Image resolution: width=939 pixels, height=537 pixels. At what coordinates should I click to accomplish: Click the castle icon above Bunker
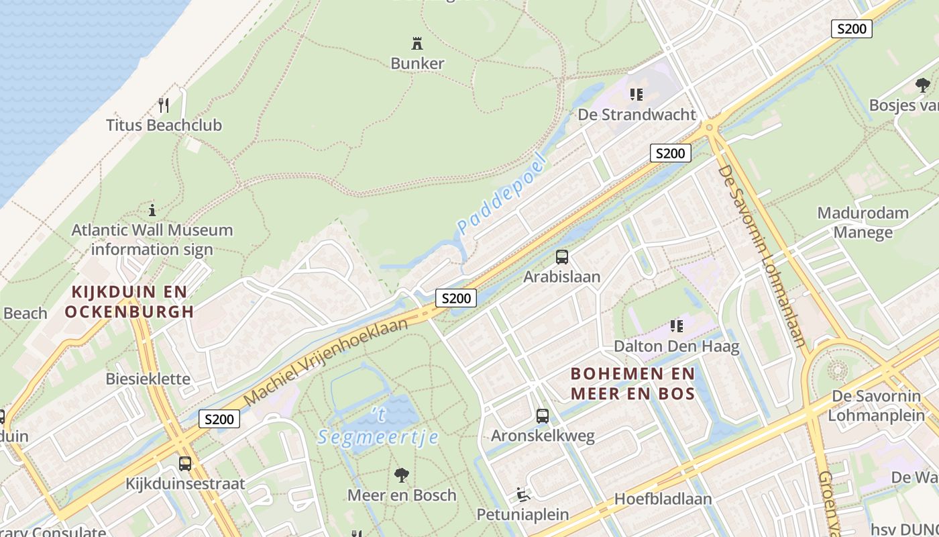[x=417, y=44]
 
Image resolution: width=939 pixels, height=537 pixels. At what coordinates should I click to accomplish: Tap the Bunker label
[x=417, y=63]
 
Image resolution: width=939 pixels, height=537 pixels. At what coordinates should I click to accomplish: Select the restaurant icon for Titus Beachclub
[x=163, y=105]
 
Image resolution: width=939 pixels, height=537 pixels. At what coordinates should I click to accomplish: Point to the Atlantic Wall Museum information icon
[x=152, y=209]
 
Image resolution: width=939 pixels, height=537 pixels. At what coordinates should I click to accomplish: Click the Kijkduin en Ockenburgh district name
[x=129, y=301]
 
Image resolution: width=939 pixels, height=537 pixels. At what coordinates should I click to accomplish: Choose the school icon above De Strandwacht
[x=637, y=94]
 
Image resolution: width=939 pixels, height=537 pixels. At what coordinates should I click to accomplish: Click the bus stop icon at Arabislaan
[x=562, y=256]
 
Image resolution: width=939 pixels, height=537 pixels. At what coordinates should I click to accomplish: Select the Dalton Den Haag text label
[x=677, y=346]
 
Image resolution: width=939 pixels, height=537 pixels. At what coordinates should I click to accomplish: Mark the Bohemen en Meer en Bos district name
[x=632, y=383]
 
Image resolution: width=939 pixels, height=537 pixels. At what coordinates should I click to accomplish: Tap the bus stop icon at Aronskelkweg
[x=543, y=416]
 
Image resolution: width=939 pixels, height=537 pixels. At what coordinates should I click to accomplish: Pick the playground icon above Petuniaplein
[x=522, y=495]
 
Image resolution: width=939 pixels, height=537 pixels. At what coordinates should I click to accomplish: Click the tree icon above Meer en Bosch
[x=402, y=475]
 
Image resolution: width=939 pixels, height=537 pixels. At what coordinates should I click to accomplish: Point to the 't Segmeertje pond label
[x=378, y=427]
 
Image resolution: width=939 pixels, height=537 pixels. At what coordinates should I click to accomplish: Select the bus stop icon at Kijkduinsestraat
[x=185, y=464]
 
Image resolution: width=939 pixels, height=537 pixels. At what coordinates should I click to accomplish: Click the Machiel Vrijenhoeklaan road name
[x=326, y=362]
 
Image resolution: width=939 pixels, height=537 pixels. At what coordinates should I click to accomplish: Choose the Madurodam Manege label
[x=863, y=223]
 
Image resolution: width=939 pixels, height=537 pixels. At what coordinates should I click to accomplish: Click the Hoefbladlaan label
[x=663, y=499]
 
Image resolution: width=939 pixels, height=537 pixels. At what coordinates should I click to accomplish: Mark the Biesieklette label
[x=148, y=379]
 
